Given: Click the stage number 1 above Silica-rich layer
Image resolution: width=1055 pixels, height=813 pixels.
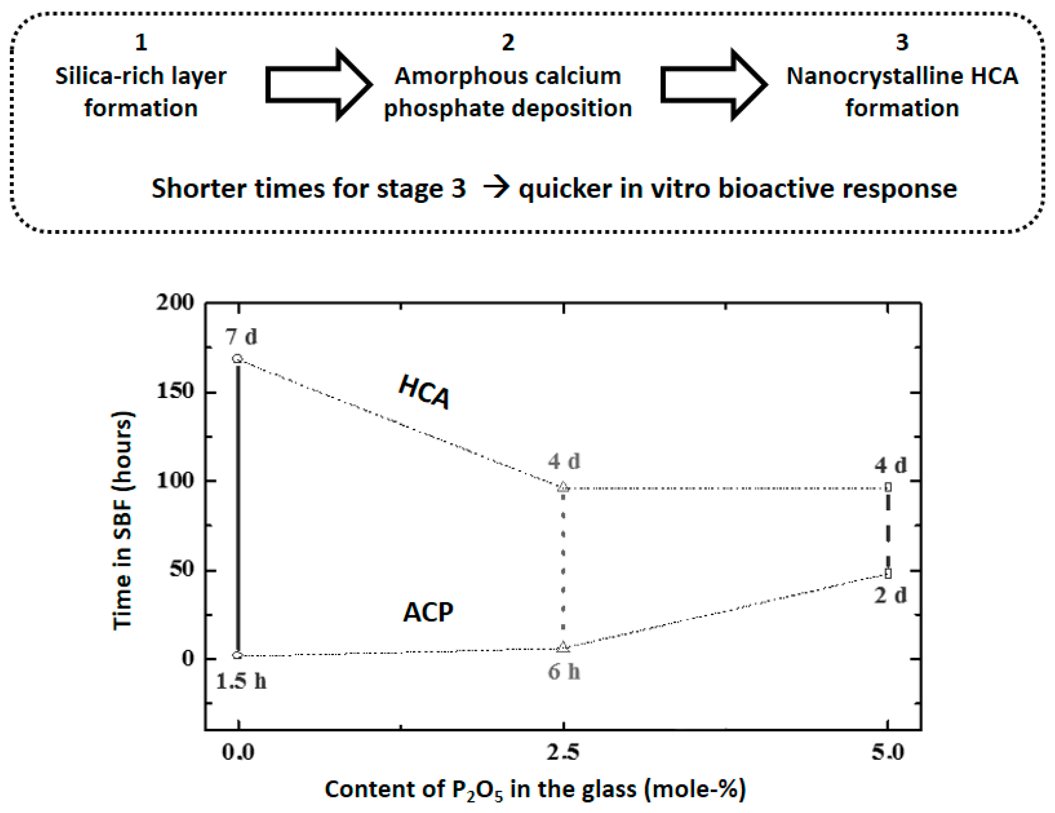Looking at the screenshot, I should point(141,42).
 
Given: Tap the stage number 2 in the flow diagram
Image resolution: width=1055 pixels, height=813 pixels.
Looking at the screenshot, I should point(508,42).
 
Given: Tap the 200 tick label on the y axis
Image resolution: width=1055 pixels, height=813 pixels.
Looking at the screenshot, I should point(175,303).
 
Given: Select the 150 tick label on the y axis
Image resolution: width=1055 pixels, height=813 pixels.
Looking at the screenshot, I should point(175,391).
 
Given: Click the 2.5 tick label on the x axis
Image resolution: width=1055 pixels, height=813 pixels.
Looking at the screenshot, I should point(563,752).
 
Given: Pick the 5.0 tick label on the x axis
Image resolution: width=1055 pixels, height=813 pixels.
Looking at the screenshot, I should point(888,752).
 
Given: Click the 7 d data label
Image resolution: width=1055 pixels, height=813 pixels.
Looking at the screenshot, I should point(241,337).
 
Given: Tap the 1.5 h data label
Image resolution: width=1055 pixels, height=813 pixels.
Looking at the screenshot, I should point(241,681).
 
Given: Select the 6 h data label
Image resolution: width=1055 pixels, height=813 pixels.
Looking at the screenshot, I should point(564,672).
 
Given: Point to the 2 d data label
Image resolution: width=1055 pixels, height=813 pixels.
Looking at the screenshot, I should point(890,595).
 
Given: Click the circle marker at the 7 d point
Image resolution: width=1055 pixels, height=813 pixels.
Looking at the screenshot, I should point(237,359).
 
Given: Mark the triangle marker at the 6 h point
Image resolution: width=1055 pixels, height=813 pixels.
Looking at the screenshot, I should point(563,647).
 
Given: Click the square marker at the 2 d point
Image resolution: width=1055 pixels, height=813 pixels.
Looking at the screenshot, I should point(888,573).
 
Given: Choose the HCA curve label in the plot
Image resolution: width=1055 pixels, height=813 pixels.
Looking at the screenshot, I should point(424,392).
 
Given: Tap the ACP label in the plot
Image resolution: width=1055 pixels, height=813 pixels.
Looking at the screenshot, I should point(428,612).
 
